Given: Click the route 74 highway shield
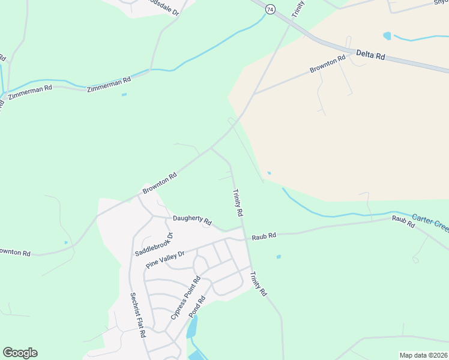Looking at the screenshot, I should (271, 10).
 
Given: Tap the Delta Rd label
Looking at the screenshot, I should (370, 54).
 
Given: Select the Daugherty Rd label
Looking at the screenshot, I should (192, 220).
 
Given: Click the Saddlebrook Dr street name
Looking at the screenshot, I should (154, 244).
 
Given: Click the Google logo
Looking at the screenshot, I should (20, 353).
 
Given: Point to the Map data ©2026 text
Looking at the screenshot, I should (423, 355).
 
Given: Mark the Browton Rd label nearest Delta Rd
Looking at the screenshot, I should (328, 65).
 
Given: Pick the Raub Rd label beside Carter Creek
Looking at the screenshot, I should (403, 221).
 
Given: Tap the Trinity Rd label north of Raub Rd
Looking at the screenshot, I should (238, 203).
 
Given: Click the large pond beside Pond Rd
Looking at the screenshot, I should (191, 328).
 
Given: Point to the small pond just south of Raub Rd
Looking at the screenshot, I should (279, 257).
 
